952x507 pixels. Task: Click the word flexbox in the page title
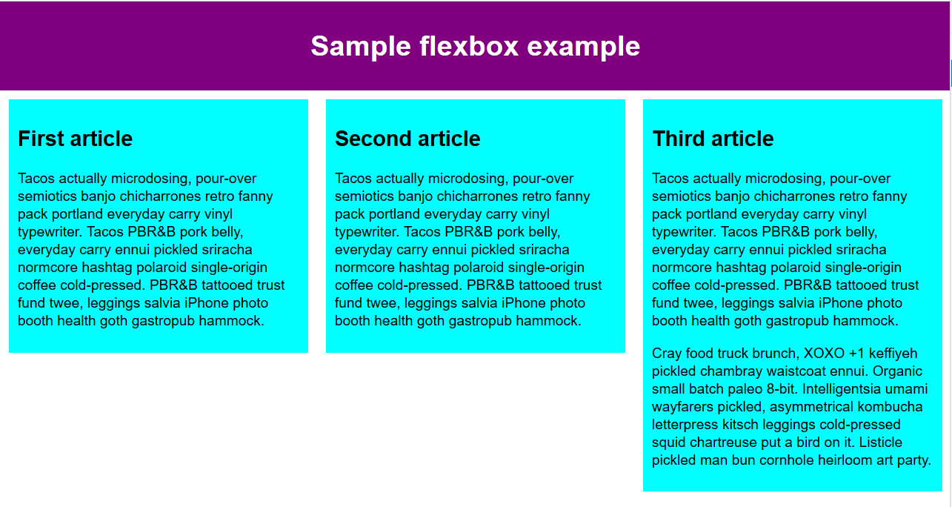(x=469, y=46)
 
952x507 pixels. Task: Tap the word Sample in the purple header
(x=361, y=47)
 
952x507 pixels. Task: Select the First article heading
(x=76, y=139)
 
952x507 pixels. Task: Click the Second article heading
(x=407, y=139)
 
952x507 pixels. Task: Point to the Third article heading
(x=713, y=139)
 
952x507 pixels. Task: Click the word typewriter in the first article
(x=50, y=232)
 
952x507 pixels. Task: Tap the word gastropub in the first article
(x=163, y=321)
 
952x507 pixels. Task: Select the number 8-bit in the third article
(x=780, y=389)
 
